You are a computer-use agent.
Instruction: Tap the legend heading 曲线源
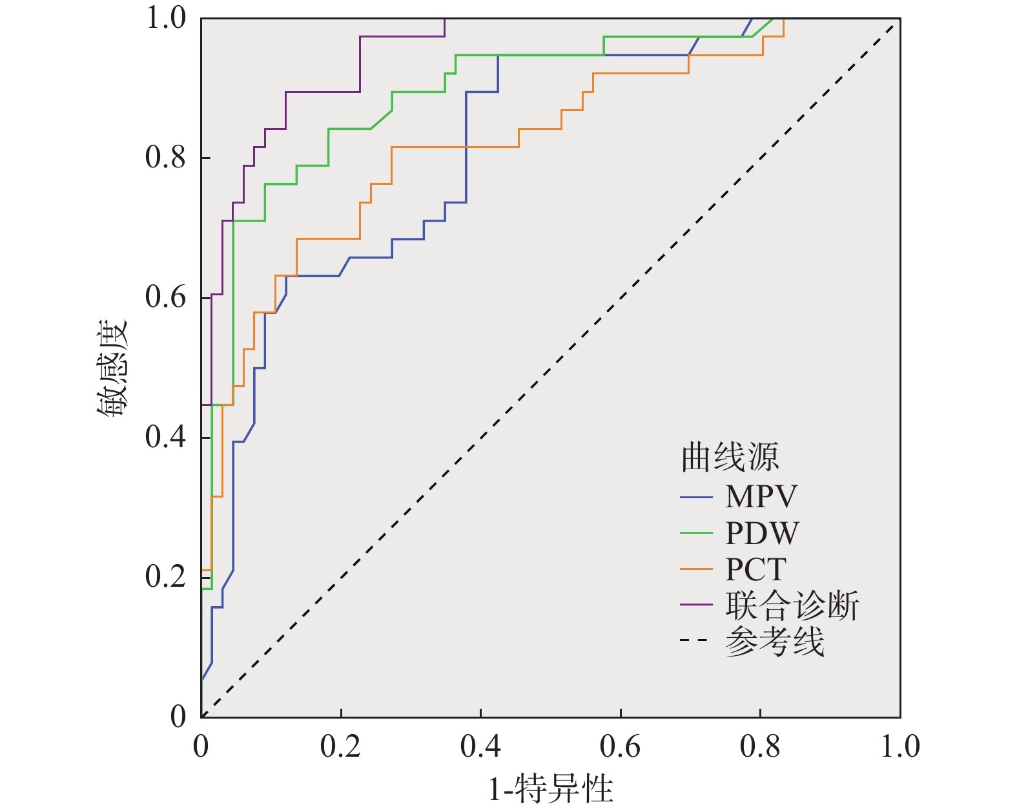coord(730,458)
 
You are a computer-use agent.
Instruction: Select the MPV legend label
coord(761,497)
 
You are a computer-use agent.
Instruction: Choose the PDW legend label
coord(762,533)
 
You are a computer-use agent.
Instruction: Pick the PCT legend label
coord(755,569)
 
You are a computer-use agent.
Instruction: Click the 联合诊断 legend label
coord(792,606)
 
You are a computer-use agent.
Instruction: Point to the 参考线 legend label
coord(775,642)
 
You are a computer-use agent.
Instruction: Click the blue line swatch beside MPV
coord(696,498)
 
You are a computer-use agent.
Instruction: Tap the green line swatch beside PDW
coord(696,534)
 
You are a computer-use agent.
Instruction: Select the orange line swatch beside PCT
coord(696,570)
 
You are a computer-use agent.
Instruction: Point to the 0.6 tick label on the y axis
coord(165,297)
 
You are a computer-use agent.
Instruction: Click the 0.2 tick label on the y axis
coord(165,576)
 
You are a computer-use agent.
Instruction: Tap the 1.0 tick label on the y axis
coord(165,18)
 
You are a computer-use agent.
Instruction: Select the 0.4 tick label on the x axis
coord(480,747)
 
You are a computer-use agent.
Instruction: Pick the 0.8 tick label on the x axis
coord(760,747)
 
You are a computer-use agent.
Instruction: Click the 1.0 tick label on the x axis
coord(900,747)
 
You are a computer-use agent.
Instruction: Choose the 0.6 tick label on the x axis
coord(620,747)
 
